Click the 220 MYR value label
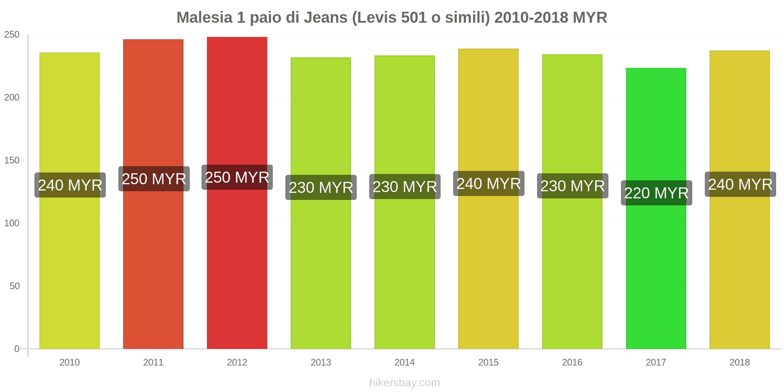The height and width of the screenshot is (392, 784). (x=656, y=193)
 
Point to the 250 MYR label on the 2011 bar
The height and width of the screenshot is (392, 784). (x=154, y=179)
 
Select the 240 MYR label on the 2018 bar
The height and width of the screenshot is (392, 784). (x=740, y=184)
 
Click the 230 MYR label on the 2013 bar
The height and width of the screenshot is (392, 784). (x=321, y=187)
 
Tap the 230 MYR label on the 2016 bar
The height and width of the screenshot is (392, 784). (x=572, y=186)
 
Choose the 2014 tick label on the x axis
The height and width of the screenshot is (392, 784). (x=404, y=363)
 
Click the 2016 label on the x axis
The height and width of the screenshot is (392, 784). (x=572, y=363)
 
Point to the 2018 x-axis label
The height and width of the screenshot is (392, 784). (x=739, y=363)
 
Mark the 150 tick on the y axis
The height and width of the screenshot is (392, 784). (x=12, y=160)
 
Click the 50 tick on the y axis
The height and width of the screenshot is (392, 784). (x=15, y=286)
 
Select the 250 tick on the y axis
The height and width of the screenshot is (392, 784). (x=12, y=35)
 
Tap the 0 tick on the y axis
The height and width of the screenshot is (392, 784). (x=17, y=349)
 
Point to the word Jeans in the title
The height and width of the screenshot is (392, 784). (x=325, y=18)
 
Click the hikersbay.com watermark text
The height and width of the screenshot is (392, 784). (x=404, y=383)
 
